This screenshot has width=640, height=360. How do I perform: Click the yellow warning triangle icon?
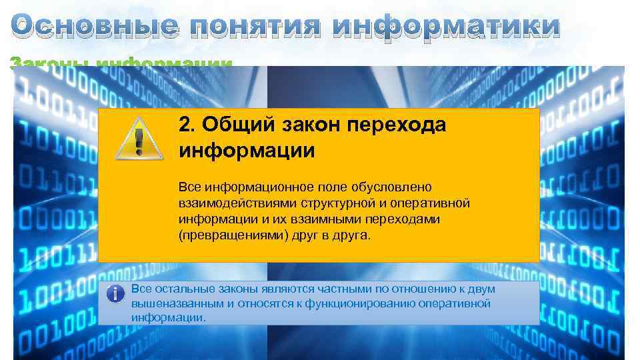(x=139, y=138)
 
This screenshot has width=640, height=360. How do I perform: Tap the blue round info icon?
(x=116, y=293)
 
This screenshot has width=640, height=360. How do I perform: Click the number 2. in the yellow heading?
(x=188, y=125)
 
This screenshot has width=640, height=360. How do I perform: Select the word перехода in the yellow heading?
(x=399, y=125)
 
